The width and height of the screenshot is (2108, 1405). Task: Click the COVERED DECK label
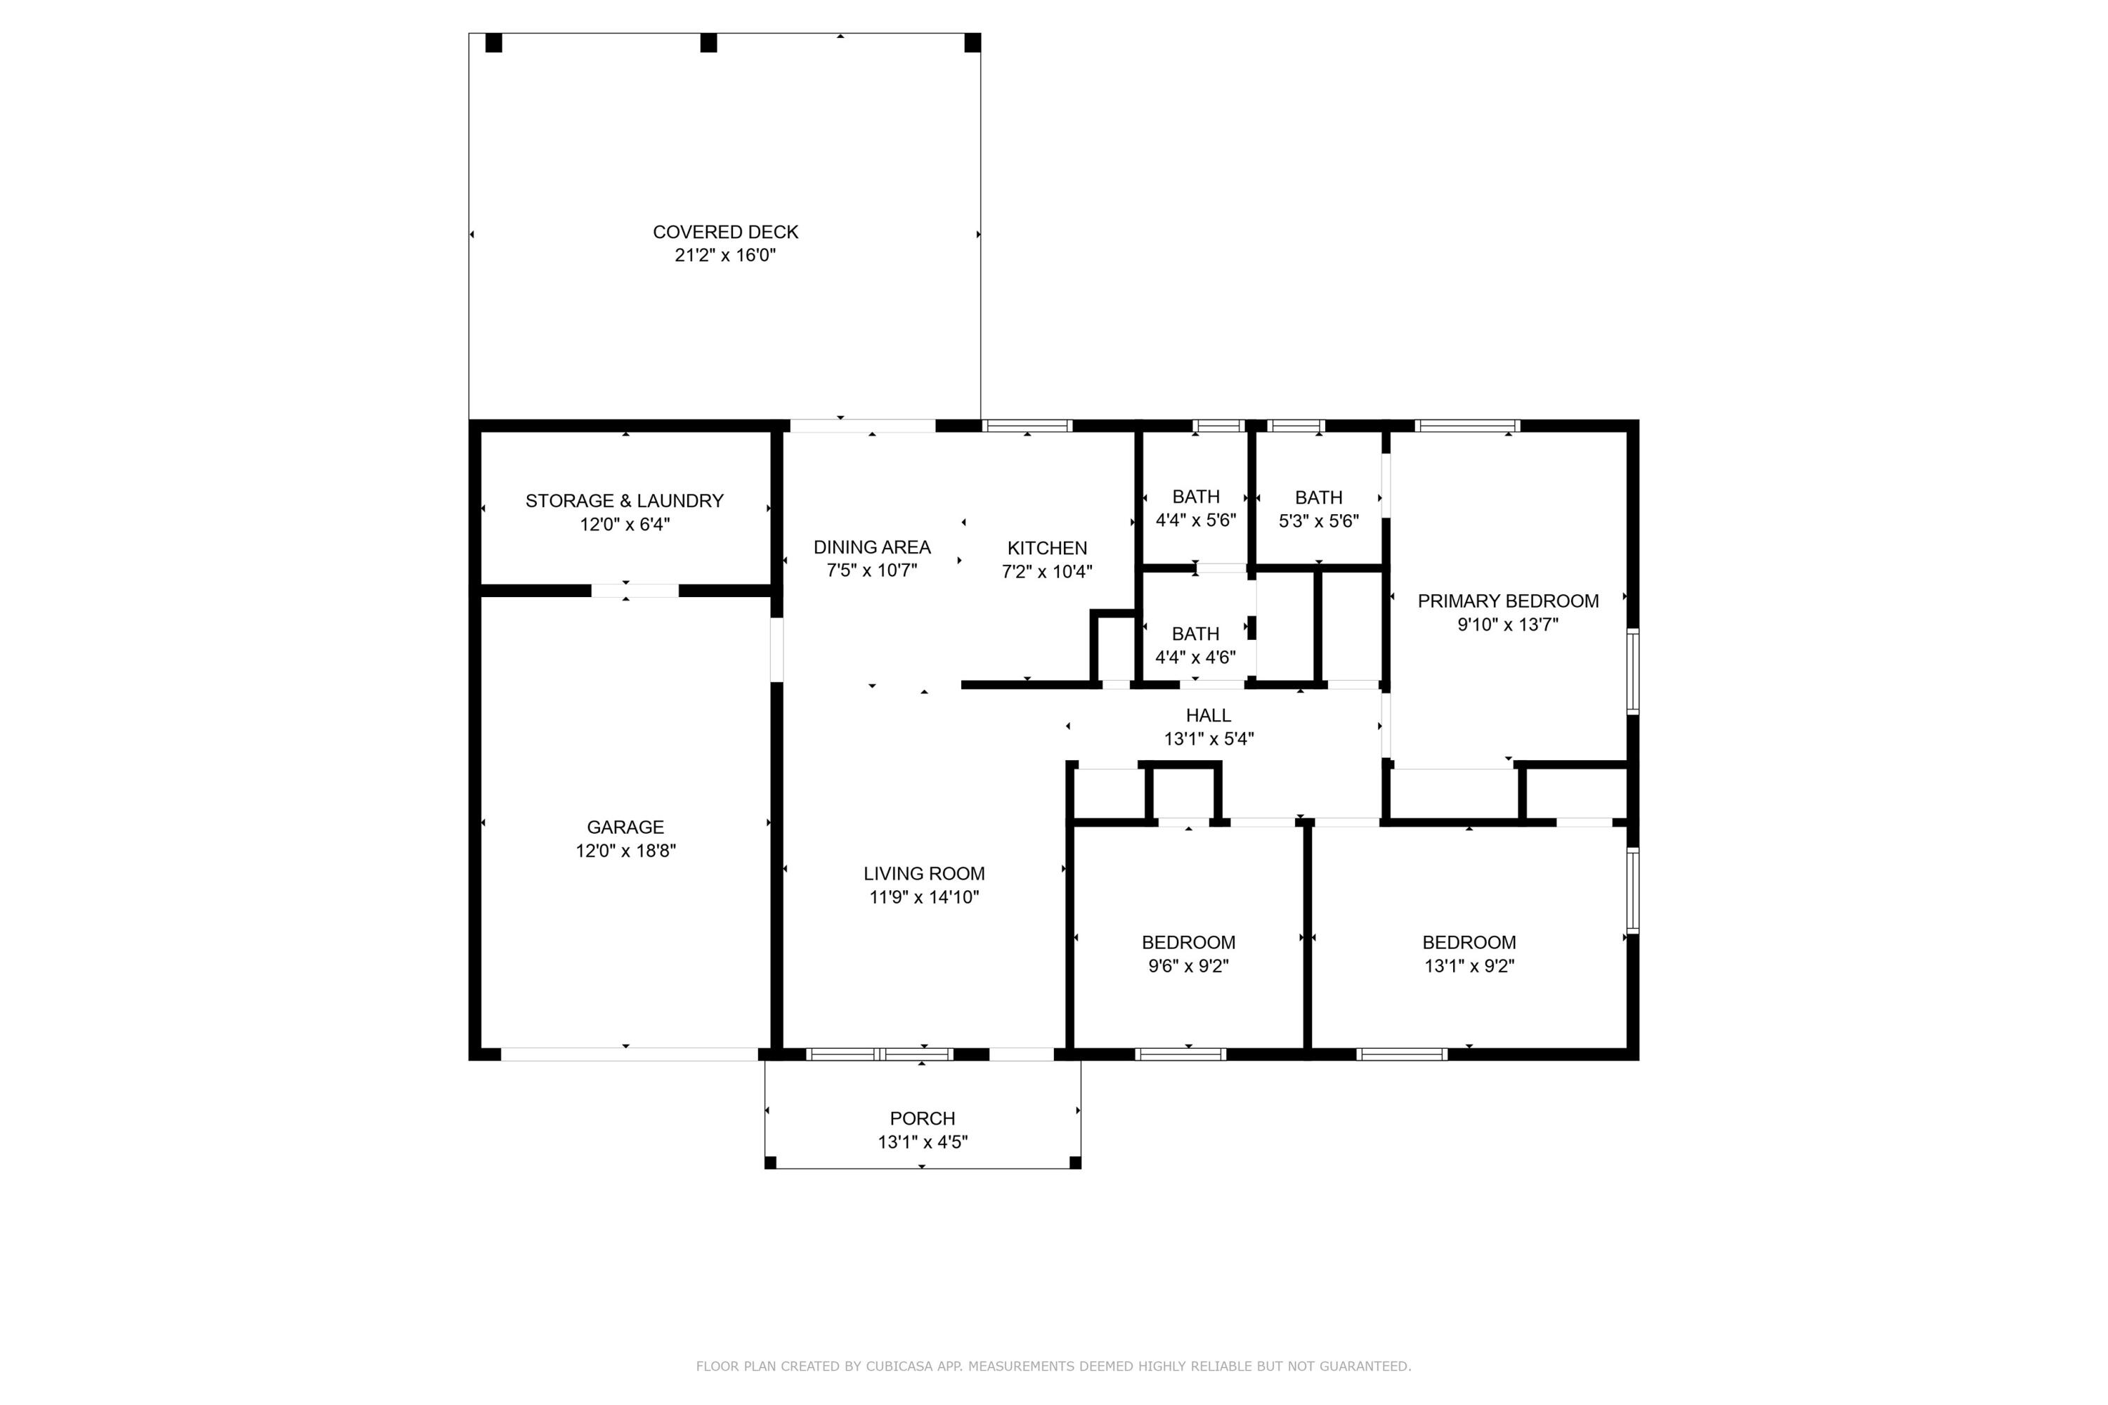click(725, 232)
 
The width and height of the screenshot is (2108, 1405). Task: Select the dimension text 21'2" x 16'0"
click(725, 256)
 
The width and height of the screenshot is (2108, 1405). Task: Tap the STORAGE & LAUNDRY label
click(625, 501)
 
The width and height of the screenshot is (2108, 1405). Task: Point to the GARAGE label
click(625, 827)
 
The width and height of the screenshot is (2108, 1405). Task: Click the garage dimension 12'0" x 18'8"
click(625, 850)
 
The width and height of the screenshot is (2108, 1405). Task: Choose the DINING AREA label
click(872, 547)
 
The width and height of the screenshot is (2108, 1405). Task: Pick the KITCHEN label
click(1047, 549)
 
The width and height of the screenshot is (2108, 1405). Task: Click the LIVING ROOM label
click(924, 874)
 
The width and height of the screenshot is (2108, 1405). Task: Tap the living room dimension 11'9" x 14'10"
click(924, 897)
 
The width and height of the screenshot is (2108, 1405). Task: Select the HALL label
click(1208, 715)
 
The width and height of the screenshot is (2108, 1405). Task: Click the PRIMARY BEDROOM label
click(1509, 601)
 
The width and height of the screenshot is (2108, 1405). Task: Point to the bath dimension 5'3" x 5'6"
click(1318, 521)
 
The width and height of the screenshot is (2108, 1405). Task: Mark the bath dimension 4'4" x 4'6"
click(1196, 657)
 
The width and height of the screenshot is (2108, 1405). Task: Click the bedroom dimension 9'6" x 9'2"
click(1188, 966)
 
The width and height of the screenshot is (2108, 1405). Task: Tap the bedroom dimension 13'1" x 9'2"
click(1469, 966)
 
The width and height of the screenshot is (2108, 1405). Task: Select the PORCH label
click(922, 1118)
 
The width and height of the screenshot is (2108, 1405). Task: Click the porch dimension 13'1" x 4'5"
click(922, 1142)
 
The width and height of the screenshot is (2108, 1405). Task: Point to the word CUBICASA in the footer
click(899, 1366)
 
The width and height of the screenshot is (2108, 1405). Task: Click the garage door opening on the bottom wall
click(629, 1054)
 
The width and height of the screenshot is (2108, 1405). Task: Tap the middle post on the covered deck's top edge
click(708, 43)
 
